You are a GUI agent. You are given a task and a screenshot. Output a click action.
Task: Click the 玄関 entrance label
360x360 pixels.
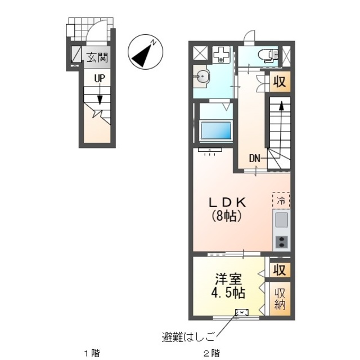(97, 57)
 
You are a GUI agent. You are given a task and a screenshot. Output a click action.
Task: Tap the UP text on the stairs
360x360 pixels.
(100, 79)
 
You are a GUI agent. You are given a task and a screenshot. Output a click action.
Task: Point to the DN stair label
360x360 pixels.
(254, 159)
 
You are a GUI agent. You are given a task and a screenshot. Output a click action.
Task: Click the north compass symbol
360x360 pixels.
(145, 52)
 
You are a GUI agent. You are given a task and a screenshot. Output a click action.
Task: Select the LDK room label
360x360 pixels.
(227, 202)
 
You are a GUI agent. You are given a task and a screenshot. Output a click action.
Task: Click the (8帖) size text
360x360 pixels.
(226, 216)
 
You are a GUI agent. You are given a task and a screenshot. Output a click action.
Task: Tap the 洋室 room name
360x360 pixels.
(228, 279)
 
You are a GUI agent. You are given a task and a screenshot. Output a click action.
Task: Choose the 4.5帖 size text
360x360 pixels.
(228, 292)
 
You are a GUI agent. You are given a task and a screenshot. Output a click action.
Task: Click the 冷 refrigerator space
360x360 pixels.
(281, 200)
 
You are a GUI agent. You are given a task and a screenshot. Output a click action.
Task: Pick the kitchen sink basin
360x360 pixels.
(281, 220)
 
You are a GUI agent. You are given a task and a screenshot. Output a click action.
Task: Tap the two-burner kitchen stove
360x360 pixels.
(282, 242)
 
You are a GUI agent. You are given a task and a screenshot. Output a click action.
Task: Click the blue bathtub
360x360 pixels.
(216, 130)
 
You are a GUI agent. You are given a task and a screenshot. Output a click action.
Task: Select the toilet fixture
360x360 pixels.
(268, 55)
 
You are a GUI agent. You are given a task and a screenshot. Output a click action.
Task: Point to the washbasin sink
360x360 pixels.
(202, 76)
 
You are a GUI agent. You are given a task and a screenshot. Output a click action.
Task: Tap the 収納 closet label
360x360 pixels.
(280, 299)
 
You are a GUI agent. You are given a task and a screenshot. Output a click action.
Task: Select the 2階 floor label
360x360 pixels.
(211, 353)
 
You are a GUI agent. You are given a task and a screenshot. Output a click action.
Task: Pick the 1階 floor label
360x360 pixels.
(92, 353)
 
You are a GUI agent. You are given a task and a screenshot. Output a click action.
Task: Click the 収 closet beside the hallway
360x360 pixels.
(280, 82)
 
